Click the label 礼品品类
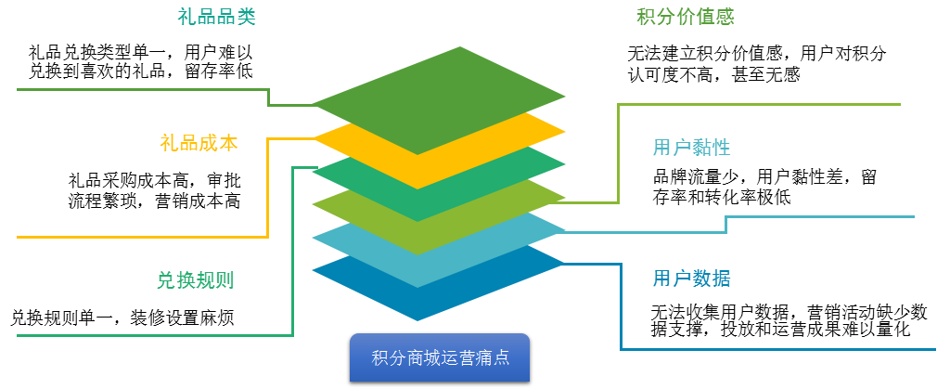(216, 17)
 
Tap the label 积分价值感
(686, 17)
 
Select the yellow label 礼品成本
(199, 143)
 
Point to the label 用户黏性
(691, 148)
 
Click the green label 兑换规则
(195, 279)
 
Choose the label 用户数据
(691, 279)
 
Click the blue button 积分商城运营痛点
(440, 357)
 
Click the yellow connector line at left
(139, 237)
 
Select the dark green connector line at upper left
(139, 90)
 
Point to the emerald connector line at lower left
(139, 335)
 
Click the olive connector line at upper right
(761, 104)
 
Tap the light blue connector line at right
(816, 216)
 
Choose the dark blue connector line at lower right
(779, 349)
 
